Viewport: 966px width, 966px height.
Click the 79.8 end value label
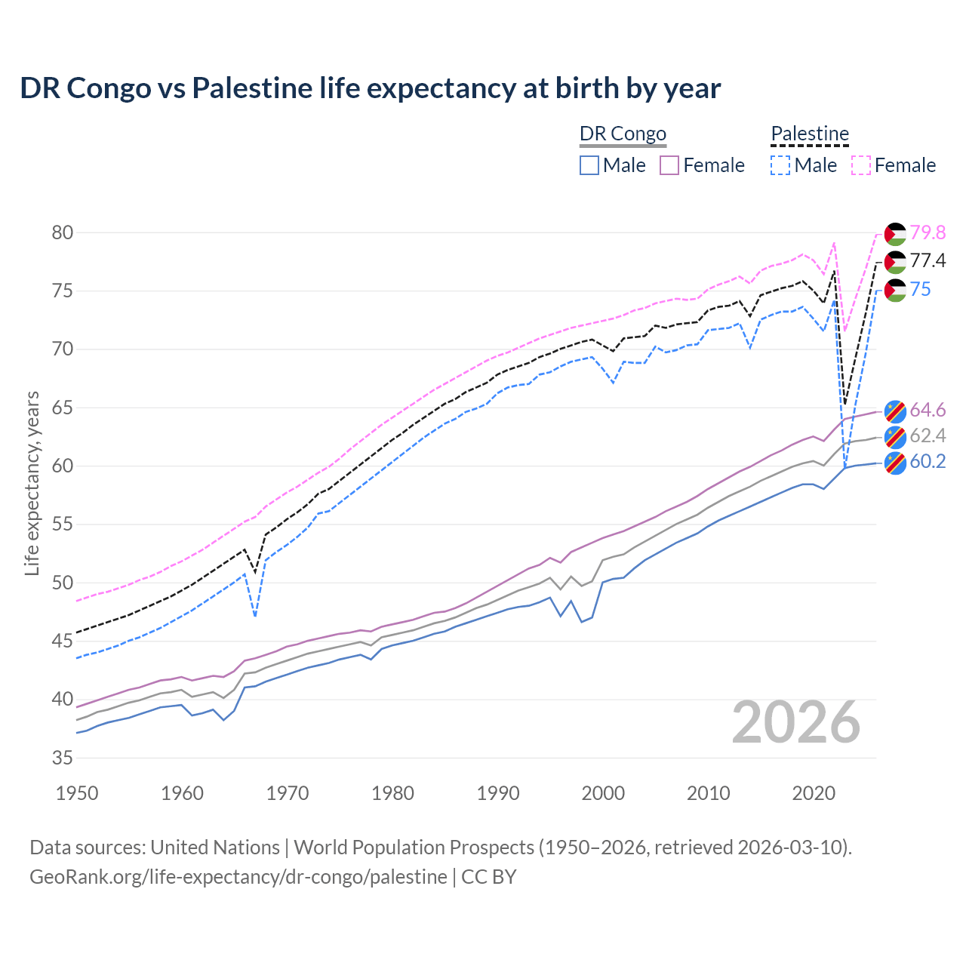pos(928,232)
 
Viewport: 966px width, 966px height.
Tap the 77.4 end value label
pos(928,261)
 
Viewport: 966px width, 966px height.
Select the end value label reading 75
pos(920,290)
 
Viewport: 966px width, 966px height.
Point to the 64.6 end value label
pos(928,410)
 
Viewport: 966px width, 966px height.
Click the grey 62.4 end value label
pos(928,435)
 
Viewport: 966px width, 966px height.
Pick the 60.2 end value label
pos(928,462)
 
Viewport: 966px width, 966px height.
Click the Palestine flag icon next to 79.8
pos(895,234)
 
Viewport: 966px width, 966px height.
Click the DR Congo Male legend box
pos(589,165)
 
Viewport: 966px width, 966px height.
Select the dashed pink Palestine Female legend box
pos(861,165)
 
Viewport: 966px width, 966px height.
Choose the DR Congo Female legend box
pos(669,165)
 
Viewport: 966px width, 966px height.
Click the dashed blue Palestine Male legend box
pos(780,165)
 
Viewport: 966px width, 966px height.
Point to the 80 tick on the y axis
pos(63,232)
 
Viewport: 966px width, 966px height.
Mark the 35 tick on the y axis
pos(63,758)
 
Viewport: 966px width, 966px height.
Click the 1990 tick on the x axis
pos(498,793)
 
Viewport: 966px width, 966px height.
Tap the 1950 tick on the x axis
pos(78,793)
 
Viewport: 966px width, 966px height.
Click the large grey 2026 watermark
pos(795,723)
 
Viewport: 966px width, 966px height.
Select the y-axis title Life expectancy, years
pos(32,483)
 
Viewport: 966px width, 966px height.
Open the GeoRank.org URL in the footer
pos(238,877)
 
